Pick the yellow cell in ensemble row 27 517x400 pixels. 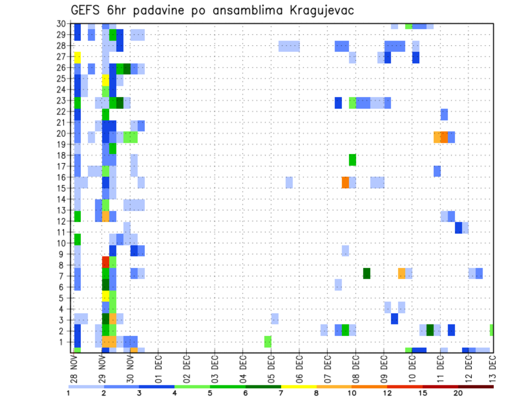(78, 57)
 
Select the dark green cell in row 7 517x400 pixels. (367, 273)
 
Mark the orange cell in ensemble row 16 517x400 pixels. (345, 182)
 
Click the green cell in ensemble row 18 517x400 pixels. (352, 160)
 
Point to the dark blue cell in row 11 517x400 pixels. (458, 227)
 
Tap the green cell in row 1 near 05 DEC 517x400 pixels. (268, 341)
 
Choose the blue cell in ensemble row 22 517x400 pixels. (444, 114)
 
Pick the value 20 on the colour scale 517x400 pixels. (458, 394)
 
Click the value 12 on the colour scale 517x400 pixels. (387, 394)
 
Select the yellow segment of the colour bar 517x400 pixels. (298, 387)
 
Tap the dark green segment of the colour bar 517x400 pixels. (263, 387)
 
